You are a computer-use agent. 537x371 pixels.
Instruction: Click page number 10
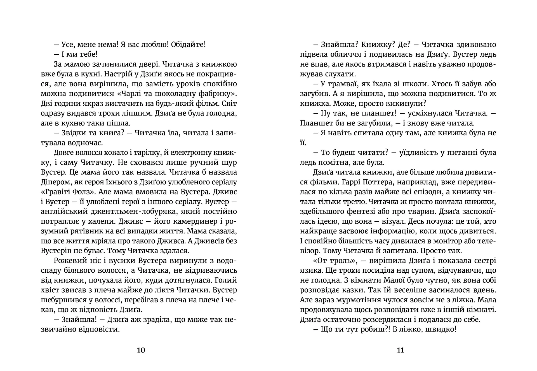pos(141,350)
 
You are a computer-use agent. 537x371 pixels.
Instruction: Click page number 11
pos(400,350)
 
